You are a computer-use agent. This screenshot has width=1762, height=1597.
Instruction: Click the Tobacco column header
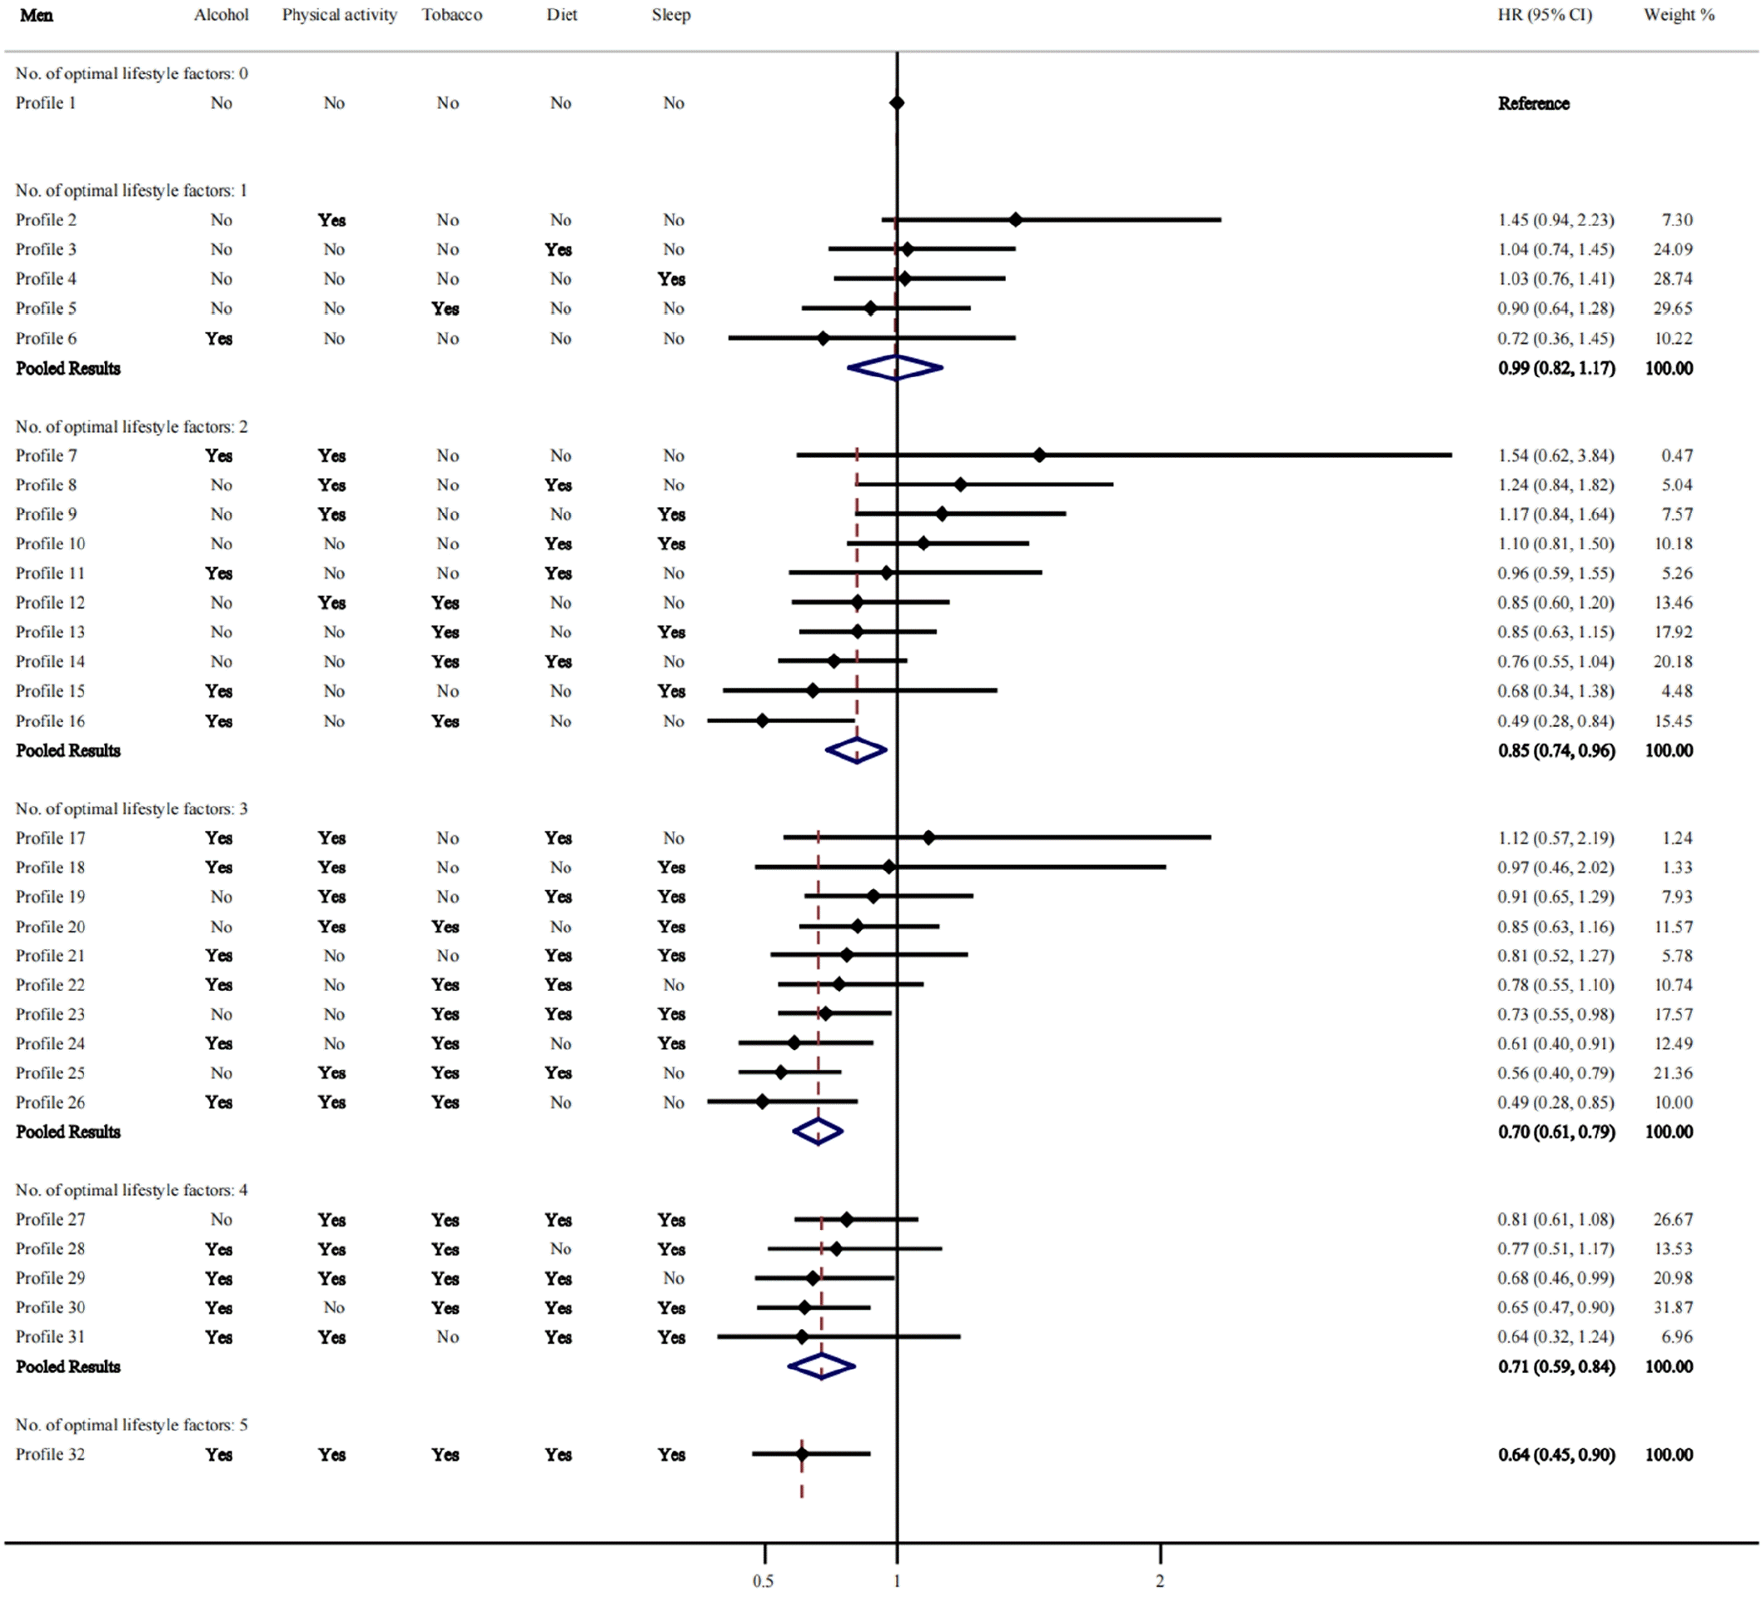pos(452,15)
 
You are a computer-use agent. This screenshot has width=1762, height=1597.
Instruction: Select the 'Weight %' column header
pos(1678,15)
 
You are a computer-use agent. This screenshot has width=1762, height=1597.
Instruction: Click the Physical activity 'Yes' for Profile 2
pos(332,220)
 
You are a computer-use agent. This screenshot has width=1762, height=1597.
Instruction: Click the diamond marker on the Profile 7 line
pos(1039,455)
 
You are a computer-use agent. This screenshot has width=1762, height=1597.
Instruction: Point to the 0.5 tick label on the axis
pos(763,1580)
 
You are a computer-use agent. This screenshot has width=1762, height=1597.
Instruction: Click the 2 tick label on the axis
pos(1160,1580)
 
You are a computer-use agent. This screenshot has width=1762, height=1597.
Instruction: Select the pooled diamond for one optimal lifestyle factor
pos(896,368)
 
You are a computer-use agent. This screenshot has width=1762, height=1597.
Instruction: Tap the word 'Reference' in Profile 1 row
pos(1533,103)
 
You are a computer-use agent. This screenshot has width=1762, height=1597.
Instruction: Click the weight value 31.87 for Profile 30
pos(1673,1308)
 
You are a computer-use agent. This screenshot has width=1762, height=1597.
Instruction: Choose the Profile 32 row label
pos(51,1455)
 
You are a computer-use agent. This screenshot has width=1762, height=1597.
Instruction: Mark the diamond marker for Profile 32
pos(801,1455)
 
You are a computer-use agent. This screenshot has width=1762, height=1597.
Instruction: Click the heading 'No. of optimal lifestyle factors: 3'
pos(131,808)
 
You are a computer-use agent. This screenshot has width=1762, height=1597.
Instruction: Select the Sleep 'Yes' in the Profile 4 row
pos(671,279)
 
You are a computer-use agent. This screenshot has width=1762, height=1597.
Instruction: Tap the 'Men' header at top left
pos(37,15)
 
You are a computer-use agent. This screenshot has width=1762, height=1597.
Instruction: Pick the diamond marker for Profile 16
pos(762,721)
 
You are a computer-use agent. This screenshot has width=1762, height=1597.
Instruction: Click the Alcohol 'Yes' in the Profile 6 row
pos(219,338)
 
